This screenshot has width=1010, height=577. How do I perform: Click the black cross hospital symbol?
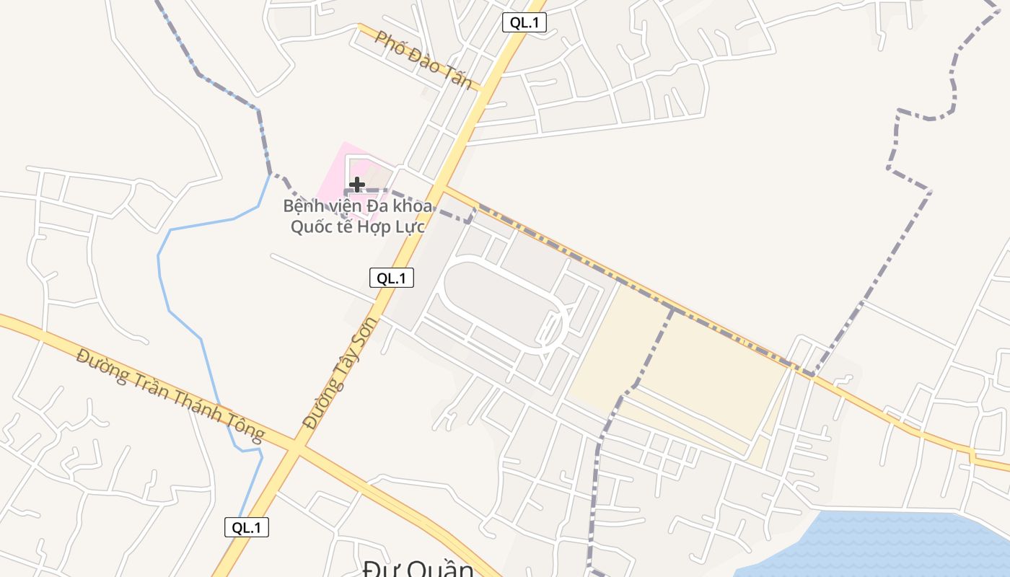coord(356,185)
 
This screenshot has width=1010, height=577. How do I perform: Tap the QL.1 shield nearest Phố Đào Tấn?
coord(524,22)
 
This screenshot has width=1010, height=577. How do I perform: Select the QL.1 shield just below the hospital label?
coord(392,278)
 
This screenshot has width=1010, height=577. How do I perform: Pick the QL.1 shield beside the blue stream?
coord(247,527)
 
